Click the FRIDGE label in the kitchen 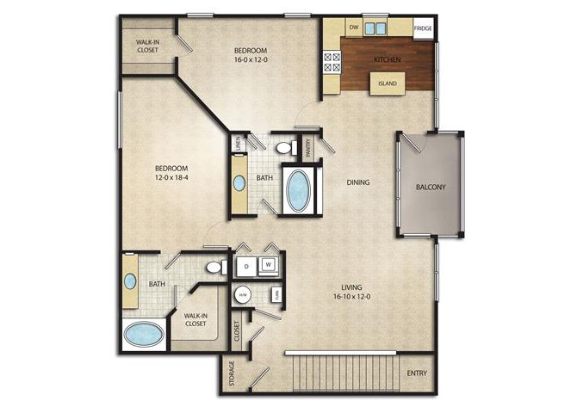pyautogui.click(x=423, y=28)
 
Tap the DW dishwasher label pyautogui.click(x=353, y=28)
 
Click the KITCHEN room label pyautogui.click(x=387, y=59)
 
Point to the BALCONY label pyautogui.click(x=430, y=187)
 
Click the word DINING pyautogui.click(x=358, y=182)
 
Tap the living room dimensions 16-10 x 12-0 pyautogui.click(x=350, y=296)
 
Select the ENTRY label pyautogui.click(x=417, y=373)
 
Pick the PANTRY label pyautogui.click(x=307, y=147)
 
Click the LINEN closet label pyautogui.click(x=238, y=145)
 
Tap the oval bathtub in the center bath pyautogui.click(x=299, y=190)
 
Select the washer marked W pyautogui.click(x=269, y=263)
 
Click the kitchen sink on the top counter pyautogui.click(x=375, y=28)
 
